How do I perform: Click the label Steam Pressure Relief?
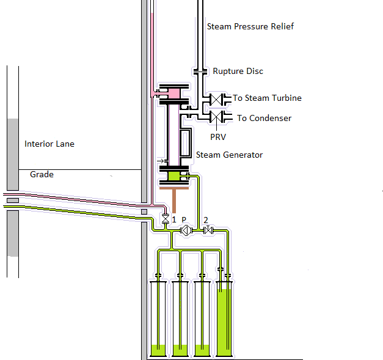[250, 26]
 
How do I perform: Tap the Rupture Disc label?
[238, 71]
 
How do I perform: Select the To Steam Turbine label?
[267, 98]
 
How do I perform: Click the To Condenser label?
[264, 118]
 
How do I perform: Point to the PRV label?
[218, 138]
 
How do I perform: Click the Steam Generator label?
[229, 155]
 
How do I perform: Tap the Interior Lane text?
[49, 144]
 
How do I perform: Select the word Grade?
[42, 175]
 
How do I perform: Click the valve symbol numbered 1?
[164, 219]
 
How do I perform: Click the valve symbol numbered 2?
[208, 230]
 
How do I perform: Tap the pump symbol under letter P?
[185, 230]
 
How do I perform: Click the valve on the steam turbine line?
[216, 98]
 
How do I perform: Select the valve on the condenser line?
[216, 116]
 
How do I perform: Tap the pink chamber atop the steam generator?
[173, 93]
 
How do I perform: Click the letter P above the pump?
[184, 219]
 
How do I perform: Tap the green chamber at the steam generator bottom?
[174, 176]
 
